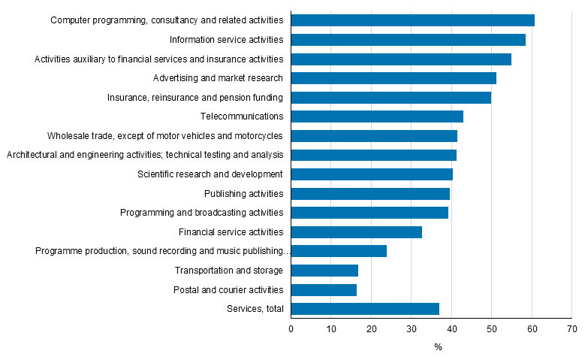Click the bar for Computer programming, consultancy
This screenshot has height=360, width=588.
412,20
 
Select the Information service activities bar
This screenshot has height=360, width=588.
408,40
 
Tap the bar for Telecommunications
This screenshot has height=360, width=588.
377,116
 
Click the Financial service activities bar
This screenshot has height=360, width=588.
356,232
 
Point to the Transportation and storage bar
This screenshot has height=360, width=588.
324,271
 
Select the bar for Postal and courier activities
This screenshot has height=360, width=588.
324,290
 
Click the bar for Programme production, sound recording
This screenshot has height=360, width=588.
339,251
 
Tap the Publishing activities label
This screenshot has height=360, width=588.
243,194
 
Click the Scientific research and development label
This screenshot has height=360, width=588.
210,174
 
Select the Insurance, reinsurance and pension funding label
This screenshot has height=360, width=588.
195,98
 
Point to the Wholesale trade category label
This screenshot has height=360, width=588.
164,136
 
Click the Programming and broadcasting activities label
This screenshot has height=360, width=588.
201,213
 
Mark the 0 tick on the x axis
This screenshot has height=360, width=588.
291,329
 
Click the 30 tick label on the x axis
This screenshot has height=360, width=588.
411,329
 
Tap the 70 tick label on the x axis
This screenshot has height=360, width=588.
571,329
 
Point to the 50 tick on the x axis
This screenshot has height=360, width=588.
491,329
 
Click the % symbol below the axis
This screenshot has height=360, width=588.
438,347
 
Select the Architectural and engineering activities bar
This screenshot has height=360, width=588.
373,155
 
